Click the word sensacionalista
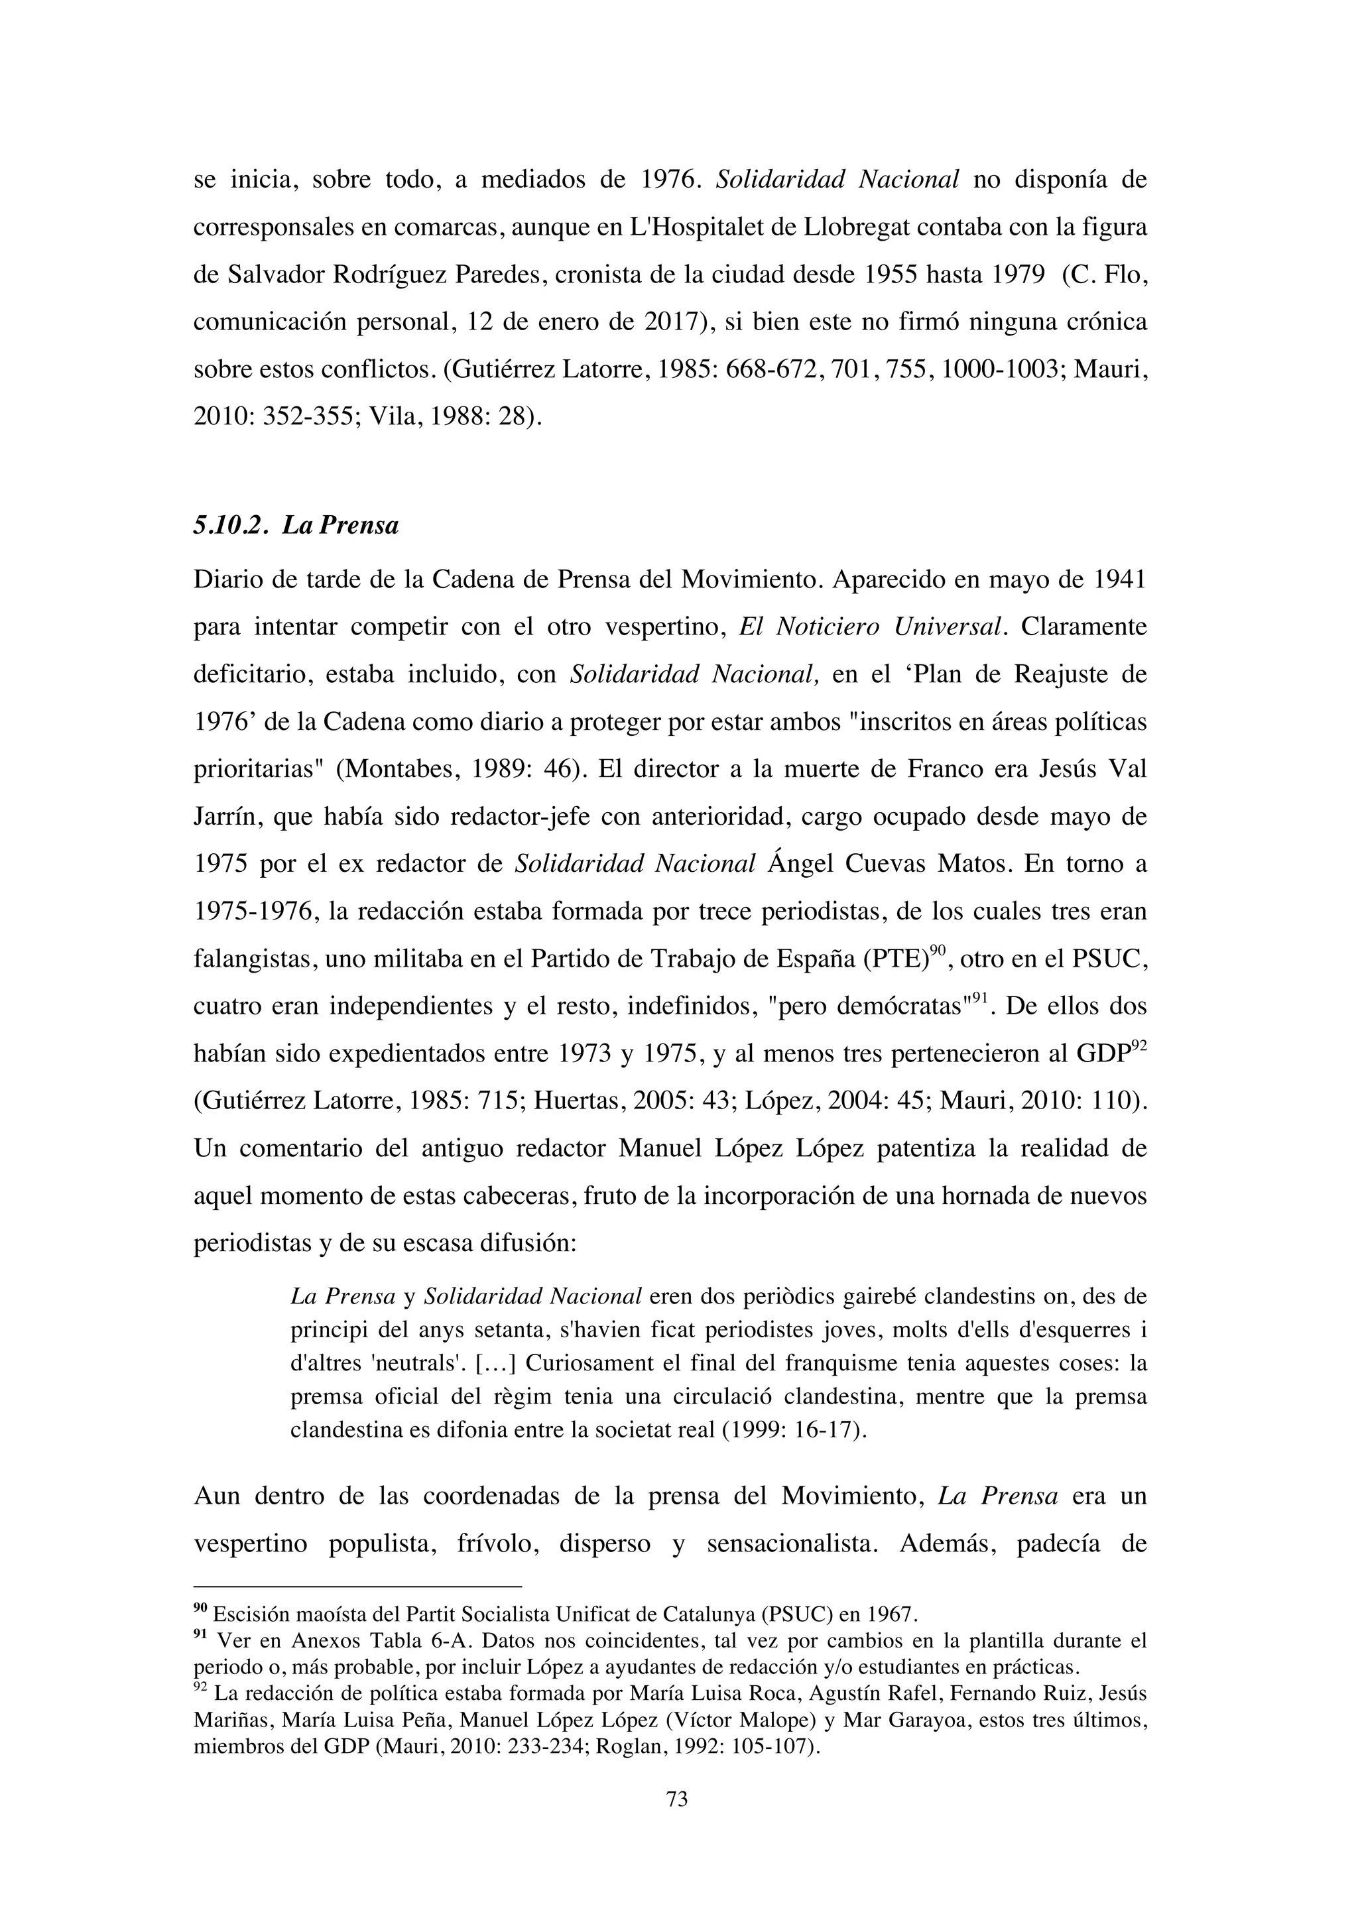coord(790,1543)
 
